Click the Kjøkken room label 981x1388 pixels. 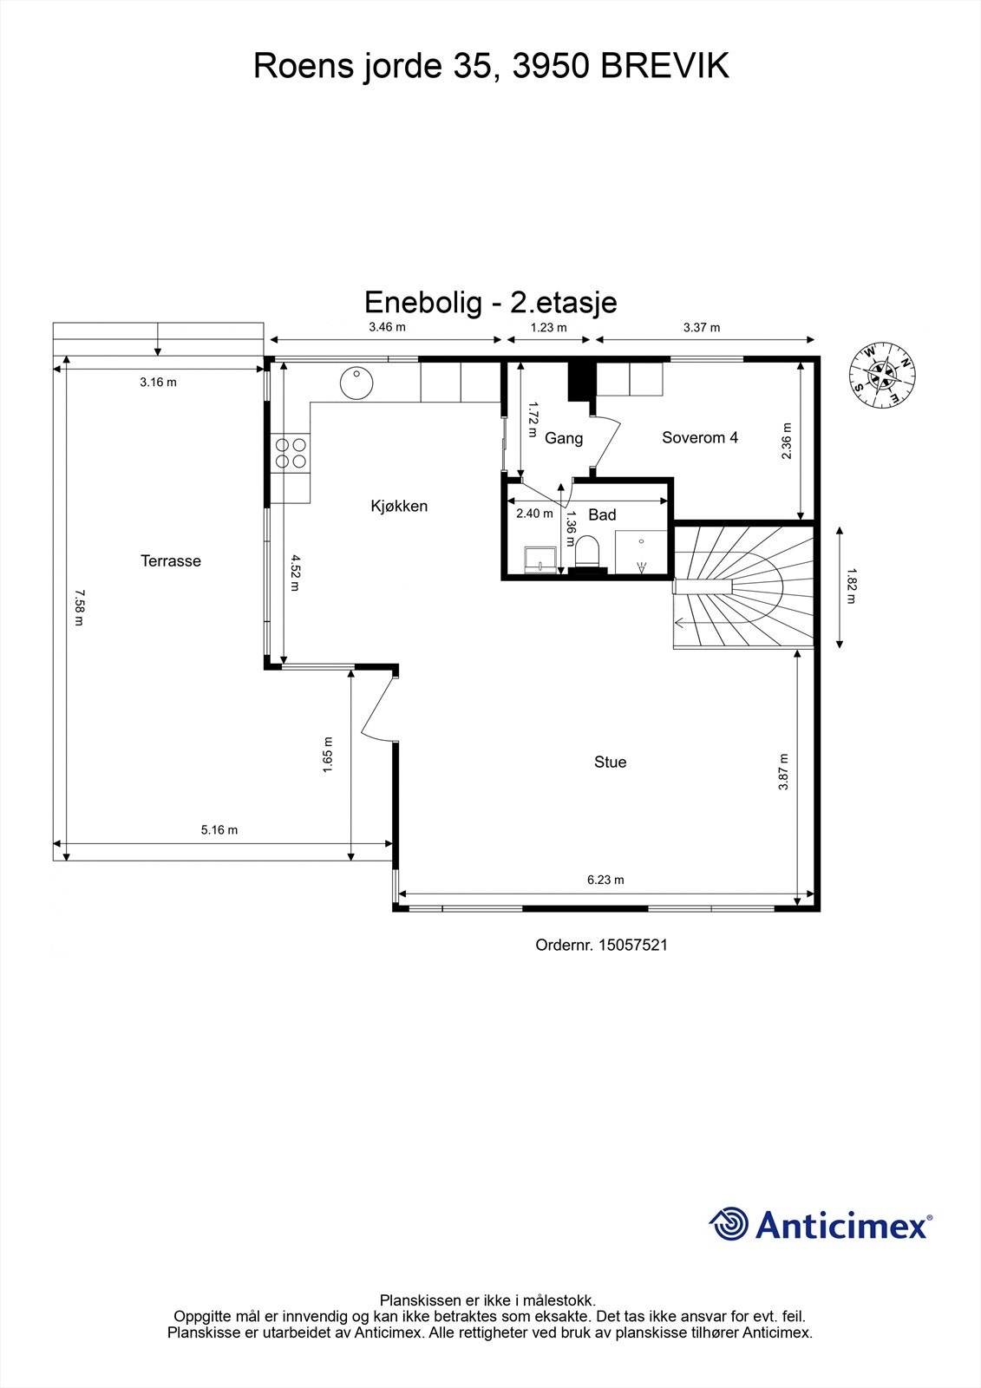pyautogui.click(x=399, y=506)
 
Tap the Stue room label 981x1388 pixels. pyautogui.click(x=610, y=762)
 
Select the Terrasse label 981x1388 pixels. pyautogui.click(x=171, y=561)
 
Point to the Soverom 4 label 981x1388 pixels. pyautogui.click(x=699, y=437)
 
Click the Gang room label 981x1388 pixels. pyautogui.click(x=563, y=438)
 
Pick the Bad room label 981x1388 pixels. pyautogui.click(x=602, y=514)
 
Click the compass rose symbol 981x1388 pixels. pyautogui.click(x=882, y=375)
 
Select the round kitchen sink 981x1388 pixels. pyautogui.click(x=356, y=383)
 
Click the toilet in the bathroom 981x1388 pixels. pyautogui.click(x=588, y=553)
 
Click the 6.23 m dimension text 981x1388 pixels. pyautogui.click(x=605, y=880)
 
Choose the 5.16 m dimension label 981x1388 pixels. pyautogui.click(x=219, y=830)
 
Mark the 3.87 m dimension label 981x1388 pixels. pyautogui.click(x=783, y=771)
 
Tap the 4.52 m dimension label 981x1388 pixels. pyautogui.click(x=296, y=573)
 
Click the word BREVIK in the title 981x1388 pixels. pyautogui.click(x=665, y=66)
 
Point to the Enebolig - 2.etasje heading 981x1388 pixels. pyautogui.click(x=490, y=302)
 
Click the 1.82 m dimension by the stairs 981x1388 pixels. pyautogui.click(x=851, y=586)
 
